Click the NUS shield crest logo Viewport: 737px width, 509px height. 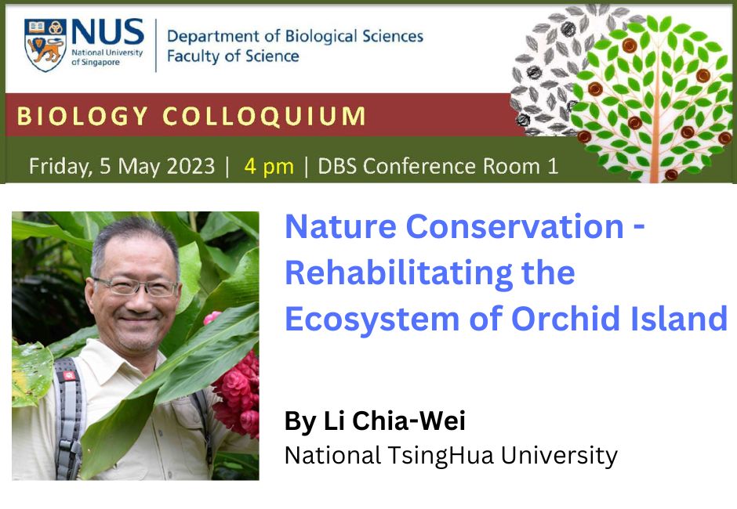[x=45, y=45]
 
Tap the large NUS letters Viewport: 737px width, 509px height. [x=107, y=32]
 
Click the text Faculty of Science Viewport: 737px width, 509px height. [x=233, y=56]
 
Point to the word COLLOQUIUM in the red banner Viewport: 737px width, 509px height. [x=263, y=116]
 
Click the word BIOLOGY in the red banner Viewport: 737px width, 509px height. [x=83, y=116]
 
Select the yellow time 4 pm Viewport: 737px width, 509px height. [x=269, y=167]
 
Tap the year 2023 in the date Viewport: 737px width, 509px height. [x=191, y=166]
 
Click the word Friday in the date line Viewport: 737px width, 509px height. [x=60, y=167]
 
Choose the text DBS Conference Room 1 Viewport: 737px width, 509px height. [x=437, y=166]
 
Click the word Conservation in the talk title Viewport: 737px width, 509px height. [x=514, y=227]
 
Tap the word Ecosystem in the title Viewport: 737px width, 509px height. [x=372, y=319]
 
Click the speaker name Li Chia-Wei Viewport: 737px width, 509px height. [x=394, y=421]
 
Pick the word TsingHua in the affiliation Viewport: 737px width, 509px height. [x=441, y=457]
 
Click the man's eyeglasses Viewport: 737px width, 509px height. [x=136, y=286]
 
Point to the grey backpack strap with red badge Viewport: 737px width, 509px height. [x=69, y=418]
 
